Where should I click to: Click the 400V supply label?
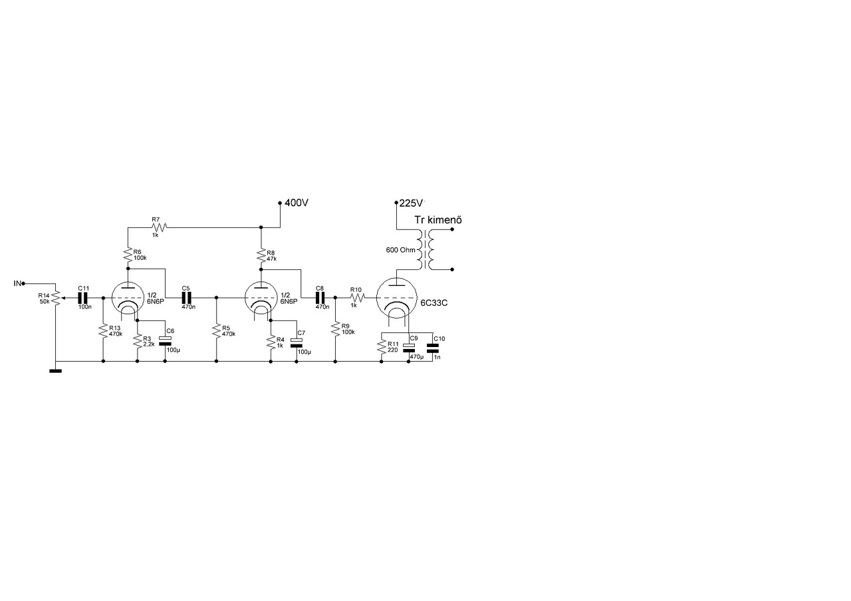[x=297, y=203]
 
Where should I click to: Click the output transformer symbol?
[x=424, y=250]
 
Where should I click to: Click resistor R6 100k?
[x=127, y=254]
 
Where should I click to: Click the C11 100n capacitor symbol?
[x=83, y=298]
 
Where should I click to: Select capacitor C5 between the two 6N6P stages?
[x=186, y=298]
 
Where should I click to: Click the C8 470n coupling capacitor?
[x=320, y=298]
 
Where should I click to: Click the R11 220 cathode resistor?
[x=382, y=346]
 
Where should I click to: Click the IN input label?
[x=17, y=283]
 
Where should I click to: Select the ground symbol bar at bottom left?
[x=55, y=370]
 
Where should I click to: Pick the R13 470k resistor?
[x=103, y=331]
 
